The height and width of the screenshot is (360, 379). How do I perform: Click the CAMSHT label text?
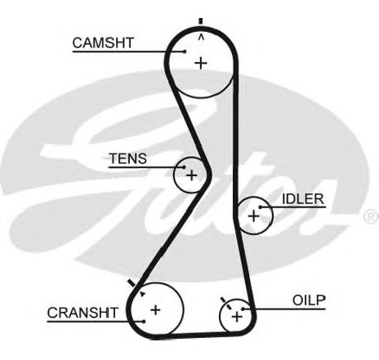click(x=103, y=42)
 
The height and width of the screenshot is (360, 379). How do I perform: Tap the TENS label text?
click(x=127, y=158)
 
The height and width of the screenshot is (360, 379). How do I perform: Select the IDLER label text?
click(x=303, y=199)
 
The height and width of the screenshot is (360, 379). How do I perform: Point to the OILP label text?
click(x=309, y=300)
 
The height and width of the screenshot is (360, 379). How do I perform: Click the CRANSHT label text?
click(x=82, y=313)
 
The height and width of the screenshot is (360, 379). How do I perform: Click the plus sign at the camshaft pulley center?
click(x=201, y=64)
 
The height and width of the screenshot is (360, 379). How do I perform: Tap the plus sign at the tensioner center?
click(x=192, y=175)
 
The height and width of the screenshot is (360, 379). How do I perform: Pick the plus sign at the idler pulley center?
click(x=254, y=216)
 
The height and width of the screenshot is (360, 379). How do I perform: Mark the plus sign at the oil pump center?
click(x=237, y=317)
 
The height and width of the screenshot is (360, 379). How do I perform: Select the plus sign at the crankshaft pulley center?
click(x=155, y=310)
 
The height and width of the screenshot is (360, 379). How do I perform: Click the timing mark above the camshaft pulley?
click(x=201, y=21)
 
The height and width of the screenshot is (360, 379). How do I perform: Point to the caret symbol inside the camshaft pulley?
click(x=201, y=38)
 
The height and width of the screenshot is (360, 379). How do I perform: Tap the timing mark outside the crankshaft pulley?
click(x=132, y=283)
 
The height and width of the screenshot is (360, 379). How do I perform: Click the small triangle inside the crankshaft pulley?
click(x=142, y=294)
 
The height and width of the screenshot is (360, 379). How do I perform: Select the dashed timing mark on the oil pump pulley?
click(x=226, y=303)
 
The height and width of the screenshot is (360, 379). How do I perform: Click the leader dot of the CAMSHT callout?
click(x=185, y=51)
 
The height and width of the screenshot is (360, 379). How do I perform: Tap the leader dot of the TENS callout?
click(x=185, y=167)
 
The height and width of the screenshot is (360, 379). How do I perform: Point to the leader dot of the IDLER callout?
click(x=261, y=207)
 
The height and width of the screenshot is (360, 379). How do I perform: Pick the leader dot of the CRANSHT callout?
click(x=144, y=322)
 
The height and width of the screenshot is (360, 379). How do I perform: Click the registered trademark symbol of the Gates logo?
click(x=372, y=216)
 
